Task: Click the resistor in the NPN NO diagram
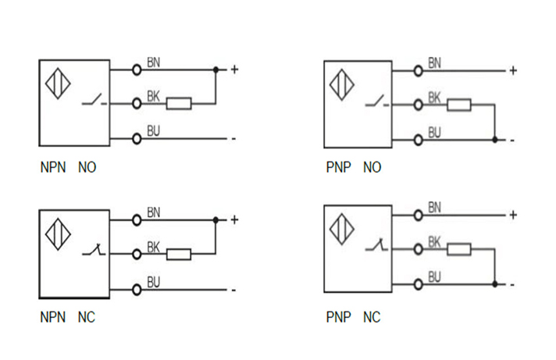point(180,102)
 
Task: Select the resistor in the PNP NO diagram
point(458,105)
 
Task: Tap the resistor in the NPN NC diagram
point(180,253)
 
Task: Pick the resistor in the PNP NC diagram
point(458,249)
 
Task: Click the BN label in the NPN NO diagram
point(154,62)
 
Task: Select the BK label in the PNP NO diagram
point(434,98)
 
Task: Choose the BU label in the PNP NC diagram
point(434,276)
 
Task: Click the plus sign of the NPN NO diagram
point(233,70)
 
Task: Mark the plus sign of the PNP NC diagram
point(513,215)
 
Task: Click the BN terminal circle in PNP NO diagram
point(418,70)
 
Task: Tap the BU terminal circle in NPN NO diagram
point(137,138)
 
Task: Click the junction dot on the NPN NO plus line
point(216,70)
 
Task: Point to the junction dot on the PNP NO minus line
point(495,141)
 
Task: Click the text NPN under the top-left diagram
point(52,167)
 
